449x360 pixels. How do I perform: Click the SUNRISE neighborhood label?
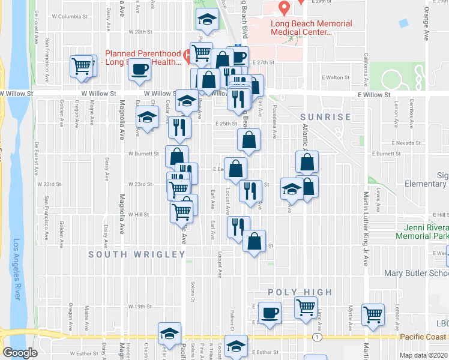[x=326, y=117]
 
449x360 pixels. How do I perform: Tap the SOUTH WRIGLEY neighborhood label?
[x=137, y=254]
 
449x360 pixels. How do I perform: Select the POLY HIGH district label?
[x=300, y=292]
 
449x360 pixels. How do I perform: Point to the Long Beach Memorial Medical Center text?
[x=311, y=28]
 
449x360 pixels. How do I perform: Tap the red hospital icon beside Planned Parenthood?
[x=188, y=58]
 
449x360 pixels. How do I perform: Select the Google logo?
[x=20, y=353]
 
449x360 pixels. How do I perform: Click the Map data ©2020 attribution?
[x=424, y=355]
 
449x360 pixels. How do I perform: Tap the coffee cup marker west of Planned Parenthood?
[x=140, y=68]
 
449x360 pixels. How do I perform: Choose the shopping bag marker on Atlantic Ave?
[x=307, y=162]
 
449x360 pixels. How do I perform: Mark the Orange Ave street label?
[x=426, y=23]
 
